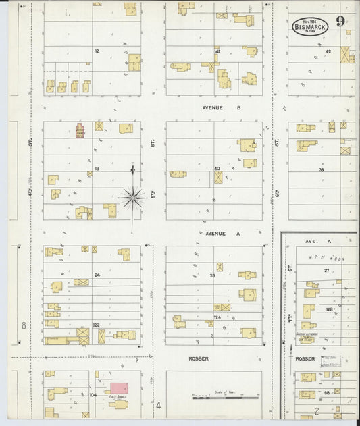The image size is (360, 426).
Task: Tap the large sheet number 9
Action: (344, 21)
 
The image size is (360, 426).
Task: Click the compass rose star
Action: (132, 198)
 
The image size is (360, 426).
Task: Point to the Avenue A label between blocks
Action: (214, 233)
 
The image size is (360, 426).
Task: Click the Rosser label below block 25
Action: (199, 358)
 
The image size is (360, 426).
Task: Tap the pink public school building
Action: (119, 388)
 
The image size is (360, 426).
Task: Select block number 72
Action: (97, 51)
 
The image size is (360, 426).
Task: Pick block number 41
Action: (217, 51)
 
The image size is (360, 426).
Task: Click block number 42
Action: (328, 51)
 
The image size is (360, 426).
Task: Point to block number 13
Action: (97, 168)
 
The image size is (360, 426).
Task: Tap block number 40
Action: (217, 168)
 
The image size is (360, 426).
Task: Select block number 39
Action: (322, 169)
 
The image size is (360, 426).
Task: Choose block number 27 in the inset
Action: (326, 270)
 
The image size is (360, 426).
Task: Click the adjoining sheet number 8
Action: (24, 326)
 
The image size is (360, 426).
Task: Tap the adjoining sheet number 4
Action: (159, 406)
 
